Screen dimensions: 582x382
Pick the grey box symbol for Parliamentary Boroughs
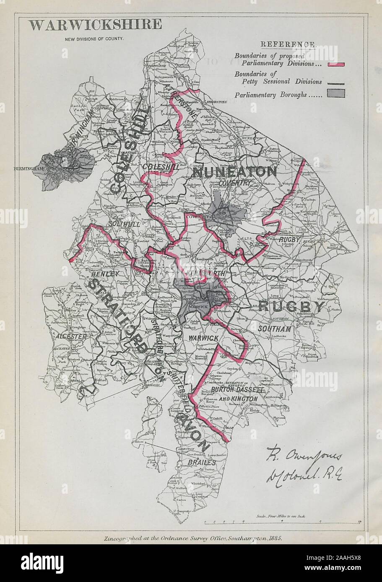(x=336, y=94)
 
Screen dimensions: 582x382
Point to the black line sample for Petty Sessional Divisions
(x=336, y=82)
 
